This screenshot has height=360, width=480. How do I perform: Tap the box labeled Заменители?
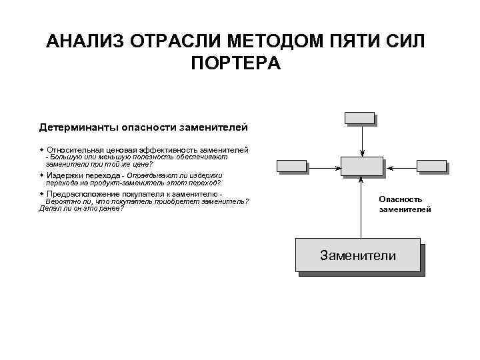click(x=357, y=256)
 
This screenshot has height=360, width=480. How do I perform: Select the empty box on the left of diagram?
click(x=291, y=167)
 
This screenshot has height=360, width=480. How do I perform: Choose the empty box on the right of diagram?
click(x=431, y=167)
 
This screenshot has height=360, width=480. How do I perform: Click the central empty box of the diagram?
click(x=361, y=167)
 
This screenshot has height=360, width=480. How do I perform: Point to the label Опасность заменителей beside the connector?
click(x=405, y=204)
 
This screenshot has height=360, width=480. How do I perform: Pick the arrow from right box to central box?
click(x=399, y=167)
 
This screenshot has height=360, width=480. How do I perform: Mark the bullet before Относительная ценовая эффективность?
click(x=41, y=150)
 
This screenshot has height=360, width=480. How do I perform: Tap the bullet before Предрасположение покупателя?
click(x=41, y=194)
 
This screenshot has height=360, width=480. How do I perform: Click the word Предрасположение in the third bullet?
click(x=79, y=194)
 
